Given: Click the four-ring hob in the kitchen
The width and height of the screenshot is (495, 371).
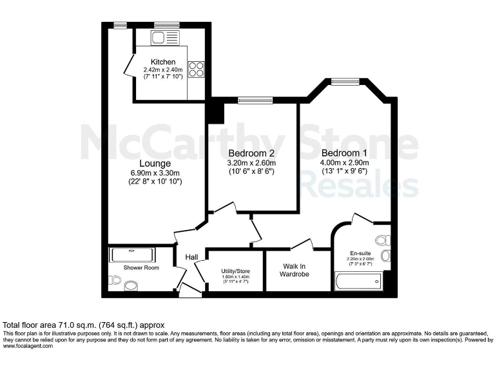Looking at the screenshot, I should coord(196,68).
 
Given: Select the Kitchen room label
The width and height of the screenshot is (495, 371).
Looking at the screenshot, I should coord(163,62).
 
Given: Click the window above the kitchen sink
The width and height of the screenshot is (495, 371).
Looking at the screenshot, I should coord(166,25).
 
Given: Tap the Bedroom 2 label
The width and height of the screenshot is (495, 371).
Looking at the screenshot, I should coord(251,153).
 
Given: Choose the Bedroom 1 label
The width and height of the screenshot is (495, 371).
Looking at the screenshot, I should coord(345,153).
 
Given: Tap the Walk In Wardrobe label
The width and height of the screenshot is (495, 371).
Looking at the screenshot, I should coord(294,269).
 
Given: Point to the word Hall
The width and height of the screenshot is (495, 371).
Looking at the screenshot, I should coord(191,258).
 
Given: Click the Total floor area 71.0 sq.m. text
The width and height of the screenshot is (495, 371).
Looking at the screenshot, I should coord(84,325).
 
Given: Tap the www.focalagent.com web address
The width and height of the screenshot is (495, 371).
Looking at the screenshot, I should coord(29,346).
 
